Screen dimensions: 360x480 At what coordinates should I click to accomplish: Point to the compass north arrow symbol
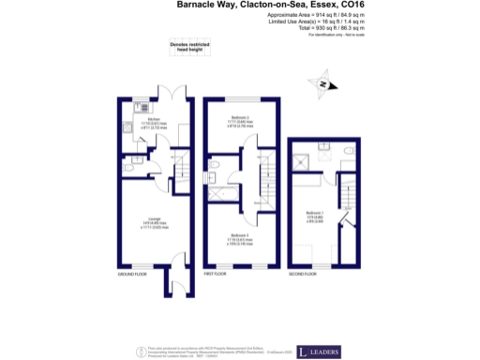(x=322, y=85)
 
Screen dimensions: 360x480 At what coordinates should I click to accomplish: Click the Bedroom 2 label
(x=242, y=119)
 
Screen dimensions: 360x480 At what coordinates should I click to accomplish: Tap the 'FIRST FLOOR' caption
(x=215, y=275)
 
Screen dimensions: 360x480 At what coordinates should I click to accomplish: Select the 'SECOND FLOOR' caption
(x=302, y=275)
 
